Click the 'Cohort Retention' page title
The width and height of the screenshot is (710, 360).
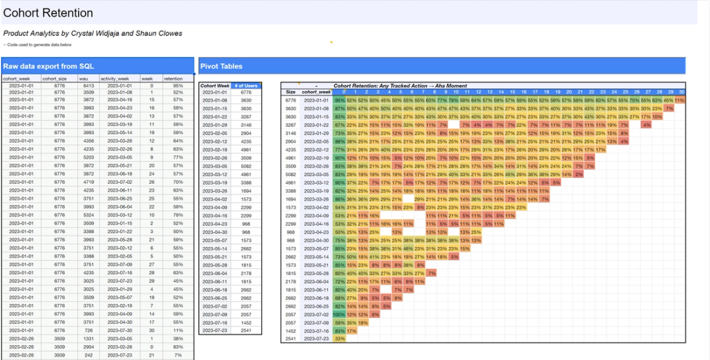click(x=48, y=13)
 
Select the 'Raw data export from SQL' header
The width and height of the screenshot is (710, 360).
click(x=48, y=66)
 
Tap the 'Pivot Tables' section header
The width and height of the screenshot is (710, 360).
click(x=221, y=66)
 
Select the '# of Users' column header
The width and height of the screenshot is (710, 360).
click(x=246, y=86)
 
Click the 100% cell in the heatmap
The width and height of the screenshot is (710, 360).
click(x=340, y=314)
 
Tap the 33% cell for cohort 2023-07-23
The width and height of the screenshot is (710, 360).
click(x=340, y=338)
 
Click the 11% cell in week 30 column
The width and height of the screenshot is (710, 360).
click(x=679, y=100)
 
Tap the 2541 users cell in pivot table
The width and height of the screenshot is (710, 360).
click(x=246, y=330)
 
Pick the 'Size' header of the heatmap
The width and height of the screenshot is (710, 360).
click(x=290, y=92)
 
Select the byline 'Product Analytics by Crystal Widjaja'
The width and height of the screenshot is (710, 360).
click(x=92, y=34)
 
